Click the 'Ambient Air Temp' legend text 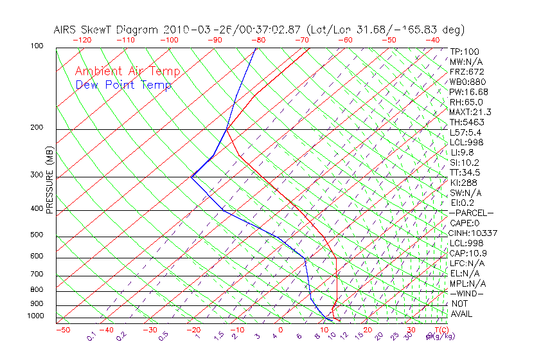tap(127, 71)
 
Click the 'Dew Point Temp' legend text tap(123, 85)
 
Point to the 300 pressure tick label tap(37, 175)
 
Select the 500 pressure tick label tap(37, 235)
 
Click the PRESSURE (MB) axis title tap(49, 181)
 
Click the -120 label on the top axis tap(82, 39)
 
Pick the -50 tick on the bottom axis tap(62, 330)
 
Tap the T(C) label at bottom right tap(439, 330)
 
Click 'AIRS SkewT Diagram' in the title tap(107, 30)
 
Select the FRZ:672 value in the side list tap(467, 71)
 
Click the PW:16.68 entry tap(469, 92)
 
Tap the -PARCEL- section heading tap(472, 213)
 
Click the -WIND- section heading tap(467, 293)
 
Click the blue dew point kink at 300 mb tap(191, 177)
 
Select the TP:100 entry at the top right tap(465, 51)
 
